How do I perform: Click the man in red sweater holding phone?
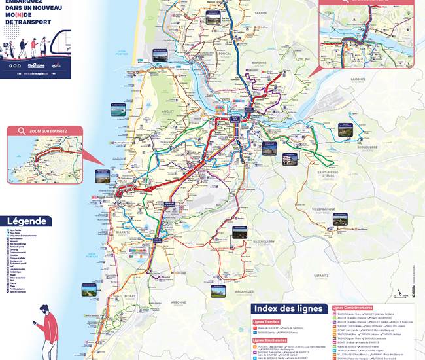point(46,331)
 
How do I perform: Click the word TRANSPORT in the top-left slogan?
point(27,21)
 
